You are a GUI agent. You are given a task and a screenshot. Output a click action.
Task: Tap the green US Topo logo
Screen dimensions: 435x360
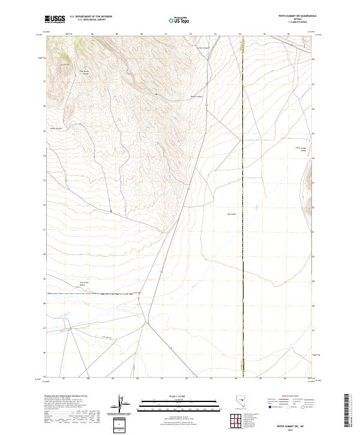click(179, 20)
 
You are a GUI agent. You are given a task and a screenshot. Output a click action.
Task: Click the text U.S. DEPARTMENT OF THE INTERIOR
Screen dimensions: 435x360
click(91, 17)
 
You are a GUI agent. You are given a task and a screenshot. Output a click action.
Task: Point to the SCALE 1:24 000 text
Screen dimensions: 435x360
click(179, 397)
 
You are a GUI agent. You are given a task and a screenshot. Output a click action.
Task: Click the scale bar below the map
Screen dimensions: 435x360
click(179, 403)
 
